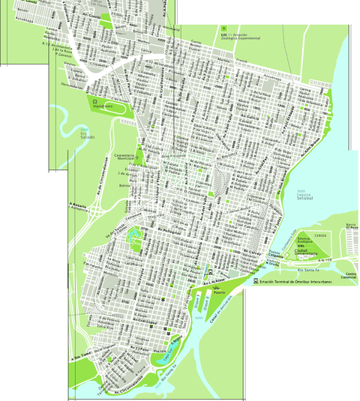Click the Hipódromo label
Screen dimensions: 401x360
pos(103,106)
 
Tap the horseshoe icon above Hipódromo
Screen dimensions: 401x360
pos(95,100)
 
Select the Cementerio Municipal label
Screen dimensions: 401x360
pos(124,157)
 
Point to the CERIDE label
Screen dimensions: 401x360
pos(320,235)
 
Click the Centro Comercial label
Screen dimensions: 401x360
pos(350,277)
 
